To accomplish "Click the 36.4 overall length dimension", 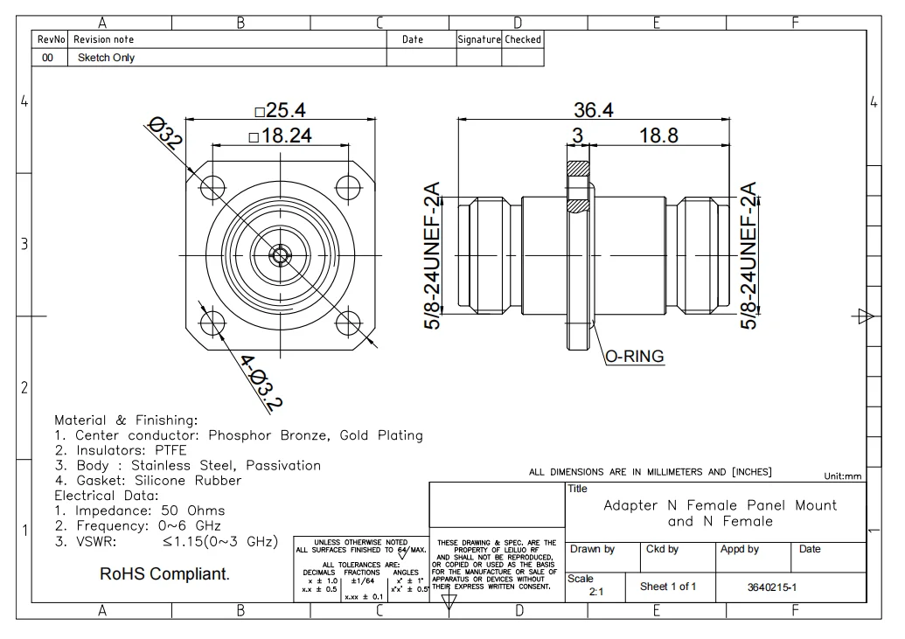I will tap(593, 110).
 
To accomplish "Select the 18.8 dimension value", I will tap(658, 135).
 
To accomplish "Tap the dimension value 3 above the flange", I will tap(577, 135).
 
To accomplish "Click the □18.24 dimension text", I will tap(280, 135).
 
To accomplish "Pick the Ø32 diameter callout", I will tap(164, 136).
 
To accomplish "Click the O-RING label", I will tap(634, 356).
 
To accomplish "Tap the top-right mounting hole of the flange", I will tap(348, 185).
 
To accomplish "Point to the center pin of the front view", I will tap(280, 255).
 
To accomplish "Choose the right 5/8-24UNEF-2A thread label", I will tap(749, 254).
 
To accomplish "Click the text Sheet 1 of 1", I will tap(667, 587).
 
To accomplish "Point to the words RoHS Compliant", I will tap(165, 574).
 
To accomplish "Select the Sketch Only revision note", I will tap(106, 58).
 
